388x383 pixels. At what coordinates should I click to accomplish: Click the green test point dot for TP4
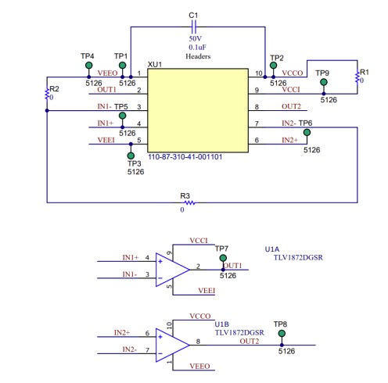click(88, 66)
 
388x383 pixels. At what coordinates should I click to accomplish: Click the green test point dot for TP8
click(281, 334)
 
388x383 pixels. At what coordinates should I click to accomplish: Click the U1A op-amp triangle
click(172, 267)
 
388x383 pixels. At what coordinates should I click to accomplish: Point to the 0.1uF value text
click(195, 47)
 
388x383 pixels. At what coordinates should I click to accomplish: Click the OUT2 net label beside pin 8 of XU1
click(291, 106)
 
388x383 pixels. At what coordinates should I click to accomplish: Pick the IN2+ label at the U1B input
click(123, 332)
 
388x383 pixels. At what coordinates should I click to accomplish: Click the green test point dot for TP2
click(273, 66)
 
